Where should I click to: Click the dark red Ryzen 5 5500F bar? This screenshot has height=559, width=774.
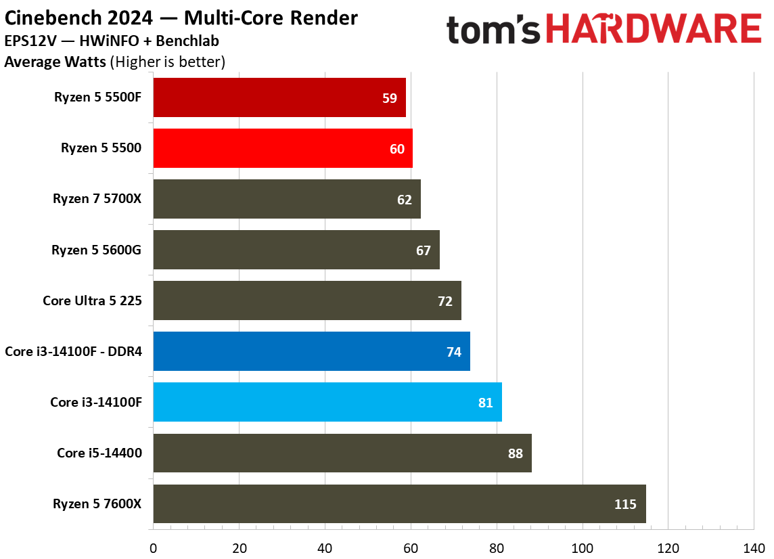point(279,97)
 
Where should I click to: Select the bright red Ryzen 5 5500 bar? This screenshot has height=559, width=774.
point(283,148)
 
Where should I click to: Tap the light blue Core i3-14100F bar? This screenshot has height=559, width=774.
point(327,402)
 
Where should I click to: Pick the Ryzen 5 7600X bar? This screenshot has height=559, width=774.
point(400,504)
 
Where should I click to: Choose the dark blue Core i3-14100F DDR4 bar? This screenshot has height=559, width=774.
point(311,351)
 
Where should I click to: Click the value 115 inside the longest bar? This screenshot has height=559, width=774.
point(625,504)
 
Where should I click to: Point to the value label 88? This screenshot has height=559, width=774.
point(516,453)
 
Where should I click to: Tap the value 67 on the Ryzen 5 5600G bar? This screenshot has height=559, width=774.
point(423,250)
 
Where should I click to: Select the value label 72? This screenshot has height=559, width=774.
point(445,301)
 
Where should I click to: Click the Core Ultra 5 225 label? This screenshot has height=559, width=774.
point(92,300)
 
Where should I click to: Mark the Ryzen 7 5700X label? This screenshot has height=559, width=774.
point(97,198)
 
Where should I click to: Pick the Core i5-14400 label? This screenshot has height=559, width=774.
point(99,453)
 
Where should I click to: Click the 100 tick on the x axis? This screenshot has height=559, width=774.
point(583,548)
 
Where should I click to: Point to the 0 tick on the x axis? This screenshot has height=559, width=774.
point(153,548)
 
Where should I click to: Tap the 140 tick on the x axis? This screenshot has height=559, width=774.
point(754,548)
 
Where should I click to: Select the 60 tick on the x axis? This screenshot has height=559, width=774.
point(411,548)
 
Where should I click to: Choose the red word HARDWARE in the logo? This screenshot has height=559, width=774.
point(654,28)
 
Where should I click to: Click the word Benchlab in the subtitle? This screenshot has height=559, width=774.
point(187,41)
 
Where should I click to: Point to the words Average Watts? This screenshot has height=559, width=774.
point(55,62)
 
